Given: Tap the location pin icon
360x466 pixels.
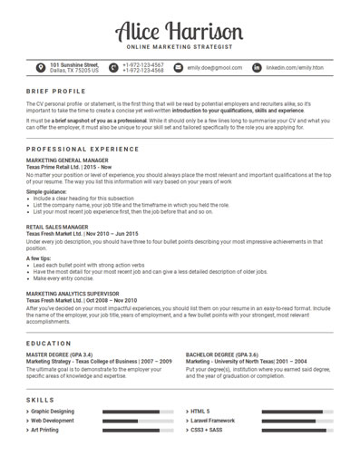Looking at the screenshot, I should (40, 67).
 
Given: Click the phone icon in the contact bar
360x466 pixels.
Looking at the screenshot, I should (113, 67).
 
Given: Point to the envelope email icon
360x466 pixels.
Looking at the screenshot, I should (179, 67).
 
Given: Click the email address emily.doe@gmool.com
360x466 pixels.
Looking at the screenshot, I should (214, 67).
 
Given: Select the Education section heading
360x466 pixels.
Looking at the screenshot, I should (50, 344).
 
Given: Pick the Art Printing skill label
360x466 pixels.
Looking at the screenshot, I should (53, 431).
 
